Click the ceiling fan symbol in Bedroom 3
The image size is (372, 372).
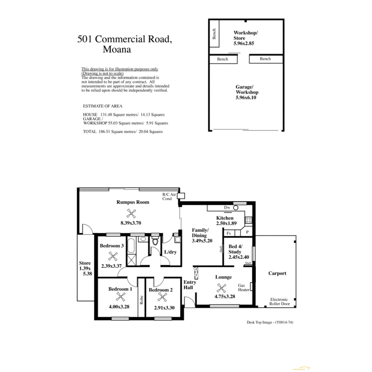113,256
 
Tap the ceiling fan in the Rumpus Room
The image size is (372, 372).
131,213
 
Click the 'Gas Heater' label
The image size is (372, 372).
244,288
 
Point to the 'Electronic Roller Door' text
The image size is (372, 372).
279,302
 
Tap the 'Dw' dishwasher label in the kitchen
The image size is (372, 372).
227,208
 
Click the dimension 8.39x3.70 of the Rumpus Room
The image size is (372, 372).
131,223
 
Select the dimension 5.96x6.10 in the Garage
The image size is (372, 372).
246,97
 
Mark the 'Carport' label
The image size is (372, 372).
277,273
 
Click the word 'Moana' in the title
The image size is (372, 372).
117,49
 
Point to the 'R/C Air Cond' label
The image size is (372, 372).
169,197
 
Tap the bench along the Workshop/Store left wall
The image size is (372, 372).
214,38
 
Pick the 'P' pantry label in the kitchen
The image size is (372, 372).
247,233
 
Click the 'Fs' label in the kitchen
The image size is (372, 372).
229,233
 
